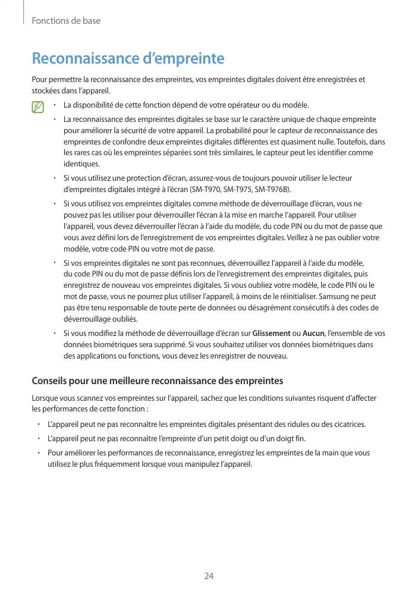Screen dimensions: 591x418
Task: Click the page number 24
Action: (209, 576)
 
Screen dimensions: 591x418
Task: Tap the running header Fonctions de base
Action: (66, 21)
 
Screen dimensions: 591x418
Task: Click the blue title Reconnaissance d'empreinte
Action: (128, 59)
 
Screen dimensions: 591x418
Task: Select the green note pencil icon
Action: (39, 108)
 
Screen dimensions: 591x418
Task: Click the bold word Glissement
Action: (271, 334)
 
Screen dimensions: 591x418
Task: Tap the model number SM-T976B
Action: (272, 189)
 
